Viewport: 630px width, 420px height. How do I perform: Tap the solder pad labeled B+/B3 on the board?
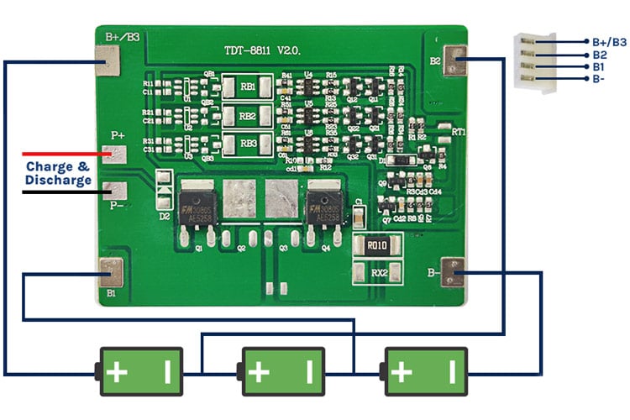pyautogui.click(x=108, y=60)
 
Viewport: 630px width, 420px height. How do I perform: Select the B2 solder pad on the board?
pyautogui.click(x=454, y=60)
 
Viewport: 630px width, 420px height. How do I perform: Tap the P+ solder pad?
pyautogui.click(x=113, y=154)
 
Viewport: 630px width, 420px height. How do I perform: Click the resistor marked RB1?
pyautogui.click(x=247, y=87)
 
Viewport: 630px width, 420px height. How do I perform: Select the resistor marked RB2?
pyautogui.click(x=247, y=115)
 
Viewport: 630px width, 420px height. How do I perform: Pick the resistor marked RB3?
pyautogui.click(x=247, y=143)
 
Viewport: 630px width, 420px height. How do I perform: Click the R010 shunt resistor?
pyautogui.click(x=377, y=246)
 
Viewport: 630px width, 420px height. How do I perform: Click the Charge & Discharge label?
pyautogui.click(x=58, y=173)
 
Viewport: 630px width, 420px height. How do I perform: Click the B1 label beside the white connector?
pyautogui.click(x=598, y=66)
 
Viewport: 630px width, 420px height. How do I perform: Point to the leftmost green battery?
pyautogui.click(x=140, y=370)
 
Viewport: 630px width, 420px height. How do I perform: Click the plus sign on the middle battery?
pyautogui.click(x=259, y=370)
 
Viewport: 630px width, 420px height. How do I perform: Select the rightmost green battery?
pyautogui.click(x=424, y=370)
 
